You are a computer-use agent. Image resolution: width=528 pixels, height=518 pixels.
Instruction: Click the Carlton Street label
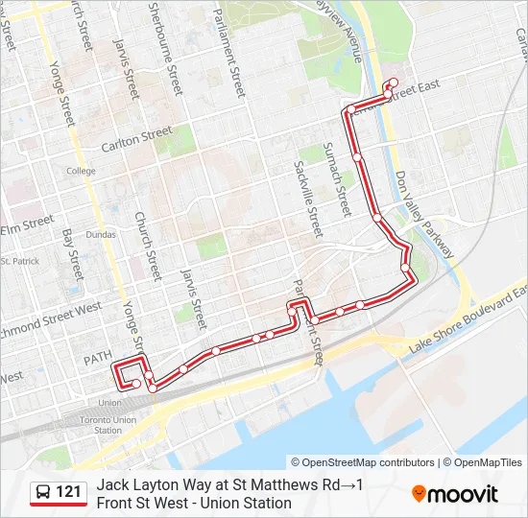(x=136, y=138)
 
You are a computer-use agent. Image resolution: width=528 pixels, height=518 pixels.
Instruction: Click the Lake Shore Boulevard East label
(x=468, y=317)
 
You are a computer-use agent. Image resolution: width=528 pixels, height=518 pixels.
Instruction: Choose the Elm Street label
(x=26, y=224)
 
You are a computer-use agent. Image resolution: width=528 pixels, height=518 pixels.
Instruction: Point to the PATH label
(x=97, y=358)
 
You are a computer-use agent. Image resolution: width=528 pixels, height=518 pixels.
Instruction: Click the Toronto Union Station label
(x=108, y=425)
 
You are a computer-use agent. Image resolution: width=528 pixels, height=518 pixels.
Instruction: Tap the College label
(x=81, y=171)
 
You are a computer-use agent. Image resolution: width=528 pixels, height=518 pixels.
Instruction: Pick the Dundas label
(x=101, y=233)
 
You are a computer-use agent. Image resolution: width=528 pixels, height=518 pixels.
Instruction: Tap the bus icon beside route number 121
(x=43, y=493)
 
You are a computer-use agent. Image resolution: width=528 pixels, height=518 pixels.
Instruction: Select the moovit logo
(x=455, y=494)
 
